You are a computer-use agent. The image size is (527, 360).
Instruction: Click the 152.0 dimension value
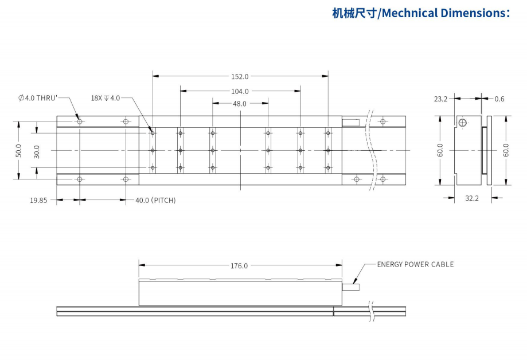[240, 76]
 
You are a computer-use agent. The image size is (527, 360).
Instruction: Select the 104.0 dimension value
[240, 91]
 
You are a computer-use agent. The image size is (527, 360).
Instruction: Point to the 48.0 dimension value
[240, 104]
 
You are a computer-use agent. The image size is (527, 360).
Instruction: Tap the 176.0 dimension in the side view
[239, 265]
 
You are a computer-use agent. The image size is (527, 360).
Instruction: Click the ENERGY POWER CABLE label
[415, 264]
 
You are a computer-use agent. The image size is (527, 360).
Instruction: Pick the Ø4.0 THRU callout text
[38, 98]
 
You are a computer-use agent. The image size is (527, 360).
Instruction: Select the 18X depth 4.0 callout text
[106, 98]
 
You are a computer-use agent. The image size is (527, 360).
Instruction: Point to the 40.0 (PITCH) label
[155, 200]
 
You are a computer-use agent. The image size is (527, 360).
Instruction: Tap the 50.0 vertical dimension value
[19, 150]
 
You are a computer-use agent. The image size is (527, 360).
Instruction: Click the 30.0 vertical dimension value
[37, 151]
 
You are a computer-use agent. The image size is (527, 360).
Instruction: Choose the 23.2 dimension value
[440, 99]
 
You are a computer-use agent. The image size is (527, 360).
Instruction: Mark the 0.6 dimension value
[499, 99]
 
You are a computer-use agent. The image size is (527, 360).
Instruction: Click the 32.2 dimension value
[471, 198]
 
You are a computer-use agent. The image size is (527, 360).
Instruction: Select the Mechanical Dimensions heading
[421, 13]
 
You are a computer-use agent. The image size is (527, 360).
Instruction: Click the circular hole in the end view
[462, 122]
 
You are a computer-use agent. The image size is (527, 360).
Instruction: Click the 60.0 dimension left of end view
[440, 150]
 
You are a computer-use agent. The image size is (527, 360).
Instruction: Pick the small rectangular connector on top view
[350, 122]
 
